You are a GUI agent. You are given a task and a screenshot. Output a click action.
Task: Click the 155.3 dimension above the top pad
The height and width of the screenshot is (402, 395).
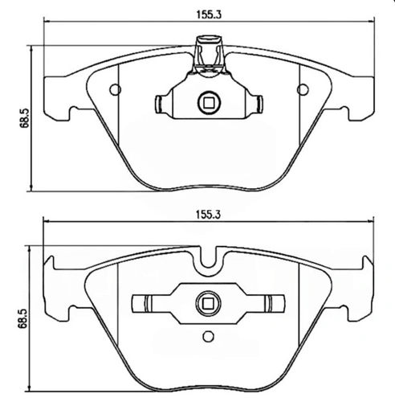(x=209, y=14)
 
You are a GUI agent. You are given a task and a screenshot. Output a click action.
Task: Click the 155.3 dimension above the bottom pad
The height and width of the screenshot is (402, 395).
(x=208, y=214)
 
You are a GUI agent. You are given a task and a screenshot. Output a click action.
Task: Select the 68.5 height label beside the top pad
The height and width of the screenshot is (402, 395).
(x=25, y=118)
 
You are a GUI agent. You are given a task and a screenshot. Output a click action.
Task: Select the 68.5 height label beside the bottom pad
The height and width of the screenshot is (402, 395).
(x=22, y=318)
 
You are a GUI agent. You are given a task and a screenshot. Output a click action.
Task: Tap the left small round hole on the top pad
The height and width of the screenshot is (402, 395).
(x=116, y=90)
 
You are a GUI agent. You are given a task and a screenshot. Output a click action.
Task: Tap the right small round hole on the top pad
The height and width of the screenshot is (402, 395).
(x=303, y=90)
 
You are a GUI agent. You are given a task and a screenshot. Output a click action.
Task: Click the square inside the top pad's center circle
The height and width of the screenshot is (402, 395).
(x=209, y=103)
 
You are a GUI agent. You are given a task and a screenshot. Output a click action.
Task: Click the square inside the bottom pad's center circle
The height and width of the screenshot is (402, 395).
(x=208, y=304)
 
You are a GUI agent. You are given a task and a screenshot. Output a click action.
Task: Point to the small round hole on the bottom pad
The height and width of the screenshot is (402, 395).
(x=208, y=336)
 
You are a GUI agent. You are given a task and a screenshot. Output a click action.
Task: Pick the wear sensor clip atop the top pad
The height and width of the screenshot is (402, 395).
(x=209, y=55)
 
